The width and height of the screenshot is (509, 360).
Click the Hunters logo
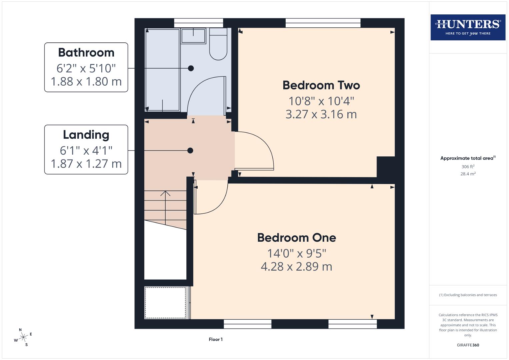[x=468, y=27]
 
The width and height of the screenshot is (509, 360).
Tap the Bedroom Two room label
[x=321, y=85]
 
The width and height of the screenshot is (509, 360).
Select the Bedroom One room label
[x=296, y=238]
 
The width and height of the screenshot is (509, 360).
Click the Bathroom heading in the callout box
[x=86, y=53]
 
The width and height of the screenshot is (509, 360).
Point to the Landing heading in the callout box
[x=86, y=135]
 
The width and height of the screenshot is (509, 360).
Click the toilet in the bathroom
[x=218, y=47]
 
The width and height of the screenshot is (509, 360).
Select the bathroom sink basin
[x=193, y=36]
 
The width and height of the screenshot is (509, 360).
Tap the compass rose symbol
[x=23, y=338]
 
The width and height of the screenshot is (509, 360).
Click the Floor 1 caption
[x=216, y=339]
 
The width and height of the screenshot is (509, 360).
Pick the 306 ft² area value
[x=468, y=167]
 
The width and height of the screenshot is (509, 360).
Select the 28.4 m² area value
[x=468, y=174]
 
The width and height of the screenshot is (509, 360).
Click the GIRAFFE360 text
[x=468, y=345]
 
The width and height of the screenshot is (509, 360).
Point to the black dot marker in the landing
[x=190, y=151]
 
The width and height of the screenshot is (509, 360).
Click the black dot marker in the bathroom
[x=191, y=68]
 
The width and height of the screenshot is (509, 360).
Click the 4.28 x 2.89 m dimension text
[x=296, y=267]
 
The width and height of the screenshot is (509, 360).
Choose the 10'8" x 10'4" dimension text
[x=321, y=101]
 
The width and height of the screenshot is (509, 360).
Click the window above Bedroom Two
[x=323, y=23]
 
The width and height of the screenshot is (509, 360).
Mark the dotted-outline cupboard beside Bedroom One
[x=165, y=303]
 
